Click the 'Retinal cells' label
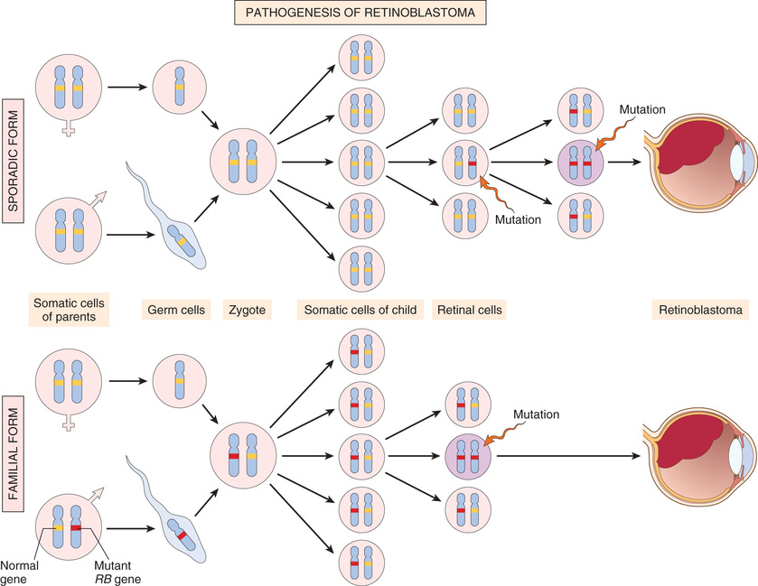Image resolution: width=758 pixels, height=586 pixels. (468, 310)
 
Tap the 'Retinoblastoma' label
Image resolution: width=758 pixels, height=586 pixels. (697, 310)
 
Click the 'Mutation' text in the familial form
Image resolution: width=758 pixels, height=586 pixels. (538, 414)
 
